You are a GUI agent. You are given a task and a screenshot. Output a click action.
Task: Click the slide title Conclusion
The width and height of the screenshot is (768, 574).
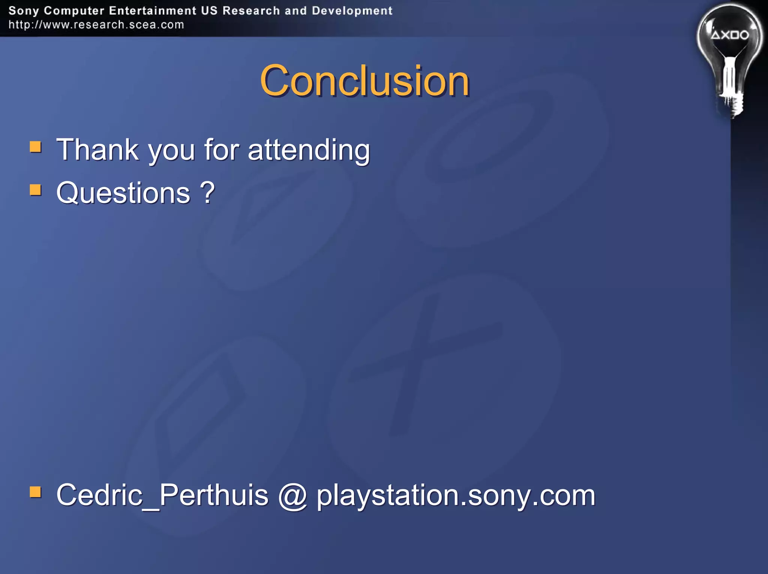point(364,81)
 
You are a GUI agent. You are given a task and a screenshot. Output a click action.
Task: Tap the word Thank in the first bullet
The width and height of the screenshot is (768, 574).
point(97,150)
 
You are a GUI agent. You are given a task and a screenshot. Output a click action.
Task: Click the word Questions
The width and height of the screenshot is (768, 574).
point(123,193)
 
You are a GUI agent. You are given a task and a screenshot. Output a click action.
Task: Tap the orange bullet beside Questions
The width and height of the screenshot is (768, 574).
point(36,190)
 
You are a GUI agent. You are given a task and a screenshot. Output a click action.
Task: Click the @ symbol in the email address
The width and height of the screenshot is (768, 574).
point(292,496)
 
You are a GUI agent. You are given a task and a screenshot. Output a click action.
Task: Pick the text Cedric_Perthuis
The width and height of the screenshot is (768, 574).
point(162,495)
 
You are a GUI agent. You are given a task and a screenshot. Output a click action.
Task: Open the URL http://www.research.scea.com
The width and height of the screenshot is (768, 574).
point(96,25)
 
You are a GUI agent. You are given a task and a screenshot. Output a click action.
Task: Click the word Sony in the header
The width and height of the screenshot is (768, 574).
point(23,11)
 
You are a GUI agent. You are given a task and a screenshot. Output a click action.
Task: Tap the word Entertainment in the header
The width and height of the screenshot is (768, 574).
point(153,11)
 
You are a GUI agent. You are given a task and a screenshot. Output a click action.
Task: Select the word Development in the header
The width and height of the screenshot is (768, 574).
point(352,11)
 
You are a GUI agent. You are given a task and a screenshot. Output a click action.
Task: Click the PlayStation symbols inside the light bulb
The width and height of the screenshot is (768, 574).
point(730,35)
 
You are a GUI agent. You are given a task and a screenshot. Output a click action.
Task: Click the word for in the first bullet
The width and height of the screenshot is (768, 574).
point(221,150)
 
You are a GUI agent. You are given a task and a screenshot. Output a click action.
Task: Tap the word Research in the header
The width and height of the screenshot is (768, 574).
point(251,11)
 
